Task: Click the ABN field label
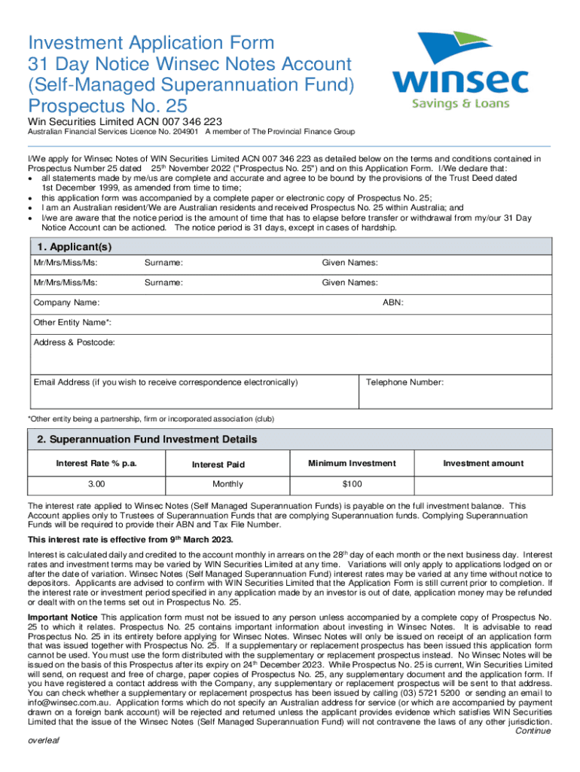click(392, 302)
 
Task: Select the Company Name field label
click(66, 302)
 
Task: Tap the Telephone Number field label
click(404, 382)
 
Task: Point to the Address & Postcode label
click(75, 342)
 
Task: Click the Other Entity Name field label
click(73, 323)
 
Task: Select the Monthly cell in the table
click(227, 483)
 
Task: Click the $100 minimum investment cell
click(352, 483)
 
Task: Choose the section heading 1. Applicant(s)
click(74, 247)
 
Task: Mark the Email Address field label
click(166, 382)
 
